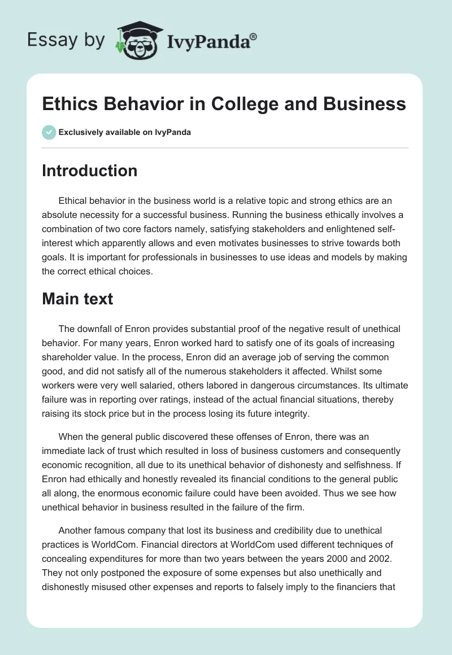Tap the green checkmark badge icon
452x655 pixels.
point(49,132)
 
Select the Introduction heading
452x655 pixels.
point(89,171)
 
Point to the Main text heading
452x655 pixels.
point(77,299)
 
